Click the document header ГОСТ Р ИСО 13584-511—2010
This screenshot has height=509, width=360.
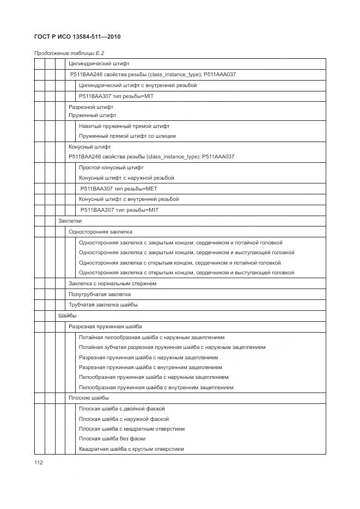pyautogui.click(x=77, y=37)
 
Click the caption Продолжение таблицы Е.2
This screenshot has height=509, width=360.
pyautogui.click(x=69, y=53)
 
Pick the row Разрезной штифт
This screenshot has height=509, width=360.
pyautogui.click(x=90, y=107)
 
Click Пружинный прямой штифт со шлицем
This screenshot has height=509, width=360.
pyautogui.click(x=127, y=136)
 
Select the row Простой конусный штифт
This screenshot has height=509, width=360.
pyautogui.click(x=111, y=168)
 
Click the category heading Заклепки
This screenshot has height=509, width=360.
pyautogui.click(x=70, y=221)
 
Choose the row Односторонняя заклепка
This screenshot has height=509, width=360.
pyautogui.click(x=100, y=231)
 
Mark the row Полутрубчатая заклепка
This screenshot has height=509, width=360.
pyautogui.click(x=100, y=295)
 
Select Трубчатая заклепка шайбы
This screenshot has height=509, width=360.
pyautogui.click(x=103, y=305)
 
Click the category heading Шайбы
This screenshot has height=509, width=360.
pyautogui.click(x=68, y=316)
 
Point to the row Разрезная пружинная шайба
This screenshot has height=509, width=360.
pyautogui.click(x=105, y=327)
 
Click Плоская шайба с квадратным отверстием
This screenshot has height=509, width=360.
pyautogui.click(x=131, y=429)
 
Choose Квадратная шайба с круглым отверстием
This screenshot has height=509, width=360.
pyautogui.click(x=131, y=449)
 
